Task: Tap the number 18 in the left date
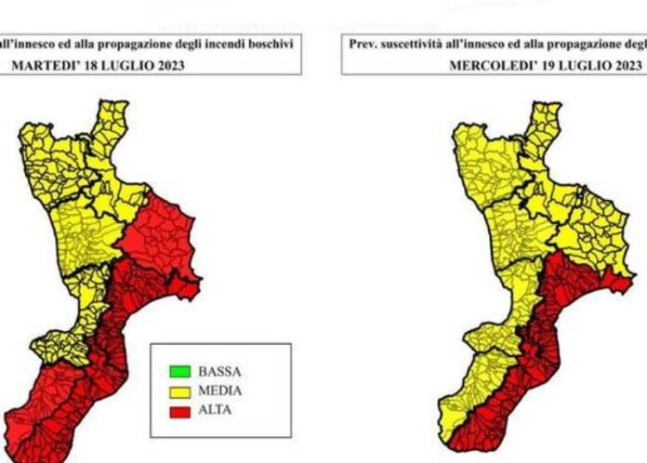click(92, 65)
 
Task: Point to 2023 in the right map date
click(627, 65)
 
